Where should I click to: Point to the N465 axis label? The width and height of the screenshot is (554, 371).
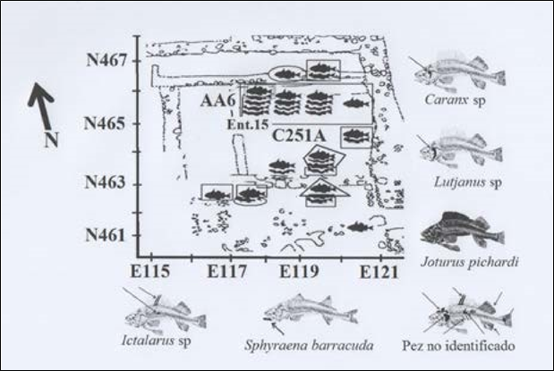tap(107, 123)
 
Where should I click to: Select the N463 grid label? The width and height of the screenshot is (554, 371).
tap(107, 184)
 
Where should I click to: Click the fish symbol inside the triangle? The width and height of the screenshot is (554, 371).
tap(320, 188)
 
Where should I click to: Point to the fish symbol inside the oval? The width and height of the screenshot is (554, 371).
tap(286, 73)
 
